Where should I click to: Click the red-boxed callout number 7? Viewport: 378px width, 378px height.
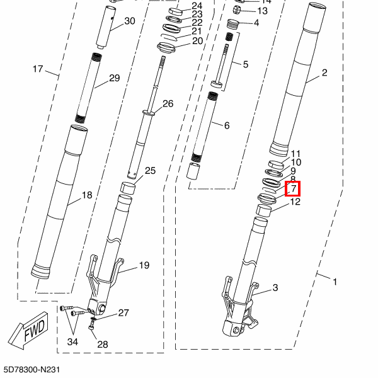pos(294,188)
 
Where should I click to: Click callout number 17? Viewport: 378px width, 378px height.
pos(37,69)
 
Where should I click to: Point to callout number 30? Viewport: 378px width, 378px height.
pos(130,21)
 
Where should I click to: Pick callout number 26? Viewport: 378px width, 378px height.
pos(168,103)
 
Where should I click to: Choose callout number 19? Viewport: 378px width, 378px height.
pos(144,265)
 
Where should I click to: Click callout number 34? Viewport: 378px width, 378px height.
pos(73,342)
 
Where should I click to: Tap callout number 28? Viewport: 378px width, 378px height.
pos(102,344)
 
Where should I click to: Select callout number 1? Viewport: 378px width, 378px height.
pos(335,282)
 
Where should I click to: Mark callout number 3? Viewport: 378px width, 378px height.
pos(275,288)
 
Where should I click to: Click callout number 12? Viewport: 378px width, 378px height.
pos(294,202)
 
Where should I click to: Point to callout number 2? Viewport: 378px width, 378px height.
pos(324,72)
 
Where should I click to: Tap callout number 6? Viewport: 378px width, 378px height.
pos(226,125)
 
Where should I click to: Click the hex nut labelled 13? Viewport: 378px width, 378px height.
pos(239,10)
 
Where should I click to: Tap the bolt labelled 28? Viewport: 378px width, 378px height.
pos(93,325)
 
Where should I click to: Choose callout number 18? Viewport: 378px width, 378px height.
pos(87,195)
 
